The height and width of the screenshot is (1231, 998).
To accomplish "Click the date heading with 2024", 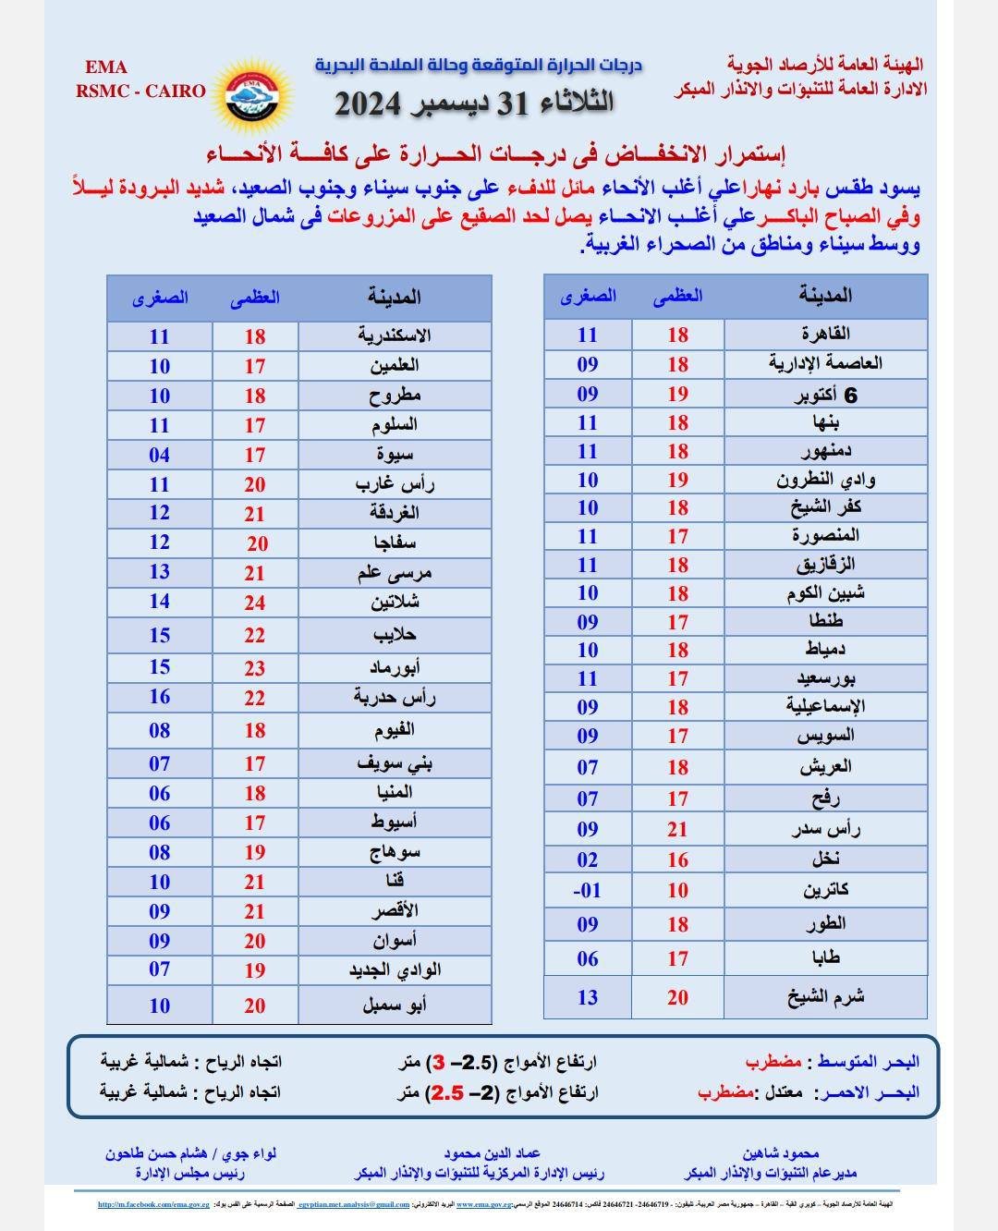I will tap(473, 103).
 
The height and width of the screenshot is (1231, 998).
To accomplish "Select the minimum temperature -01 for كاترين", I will tap(588, 890).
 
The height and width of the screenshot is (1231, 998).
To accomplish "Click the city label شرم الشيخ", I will tap(825, 996).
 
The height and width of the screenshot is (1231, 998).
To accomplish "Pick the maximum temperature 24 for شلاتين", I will tap(255, 603).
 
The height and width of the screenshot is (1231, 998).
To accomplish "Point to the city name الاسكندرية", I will tap(395, 335).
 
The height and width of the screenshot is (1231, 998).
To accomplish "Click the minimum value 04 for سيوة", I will tap(159, 455).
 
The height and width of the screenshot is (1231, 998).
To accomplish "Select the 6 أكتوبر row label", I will tap(826, 394).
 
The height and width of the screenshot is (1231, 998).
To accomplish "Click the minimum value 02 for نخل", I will tap(588, 859).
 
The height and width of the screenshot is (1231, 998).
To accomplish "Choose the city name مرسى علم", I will tap(395, 573).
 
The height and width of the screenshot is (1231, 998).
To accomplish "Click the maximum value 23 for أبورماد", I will tap(255, 667).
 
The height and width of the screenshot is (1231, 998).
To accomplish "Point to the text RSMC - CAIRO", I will tap(140, 91).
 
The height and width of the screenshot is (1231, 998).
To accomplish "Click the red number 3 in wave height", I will tap(440, 1062).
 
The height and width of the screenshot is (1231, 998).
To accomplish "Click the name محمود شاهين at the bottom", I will tap(780, 1153).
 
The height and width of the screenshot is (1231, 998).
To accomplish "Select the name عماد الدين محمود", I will tap(492, 1153).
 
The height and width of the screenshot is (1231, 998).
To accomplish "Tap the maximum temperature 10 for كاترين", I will tap(678, 890).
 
